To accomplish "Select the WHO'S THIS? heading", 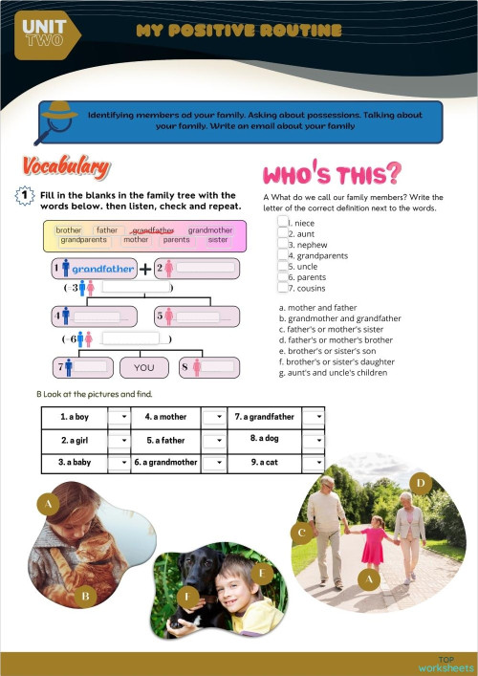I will coord(331,174).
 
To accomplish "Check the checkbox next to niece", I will coord(283,222).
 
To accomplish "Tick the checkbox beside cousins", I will coord(283,287).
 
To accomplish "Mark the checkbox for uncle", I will coord(283,266).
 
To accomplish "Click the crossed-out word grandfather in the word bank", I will coord(153,230).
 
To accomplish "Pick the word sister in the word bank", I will coord(218,240).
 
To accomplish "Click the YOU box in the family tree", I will coord(143,367).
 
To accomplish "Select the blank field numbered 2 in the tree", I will coord(202,269).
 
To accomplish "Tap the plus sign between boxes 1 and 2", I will coord(144,269).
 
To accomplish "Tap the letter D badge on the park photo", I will coord(418,481).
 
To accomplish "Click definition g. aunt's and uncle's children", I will coord(332,372).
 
